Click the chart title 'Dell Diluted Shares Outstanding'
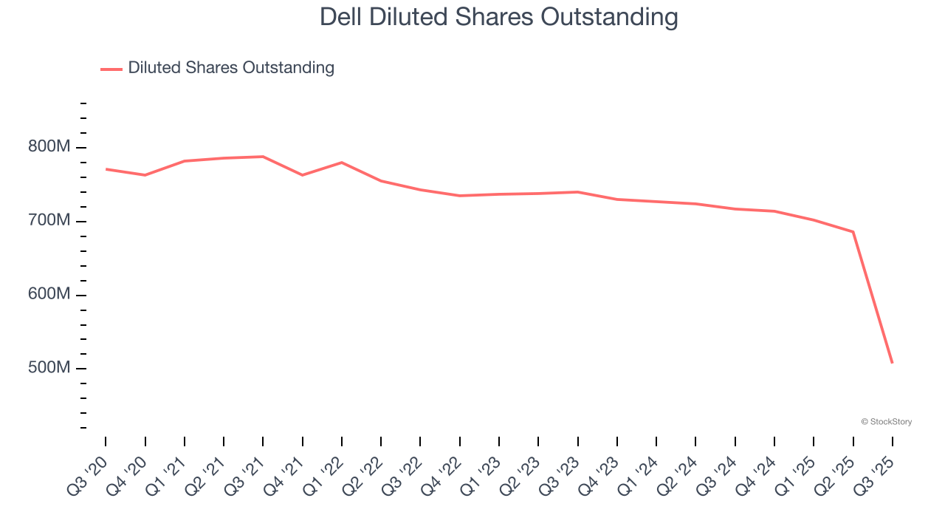tap(498, 17)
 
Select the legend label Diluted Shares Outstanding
tap(231, 68)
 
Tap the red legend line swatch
tap(111, 69)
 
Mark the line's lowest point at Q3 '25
tap(892, 362)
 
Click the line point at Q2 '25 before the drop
tap(853, 232)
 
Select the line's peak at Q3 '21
tap(263, 157)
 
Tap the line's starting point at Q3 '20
tap(106, 169)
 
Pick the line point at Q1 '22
tap(342, 163)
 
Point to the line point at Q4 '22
tap(460, 196)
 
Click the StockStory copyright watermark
tap(886, 422)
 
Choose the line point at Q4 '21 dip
tap(302, 175)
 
